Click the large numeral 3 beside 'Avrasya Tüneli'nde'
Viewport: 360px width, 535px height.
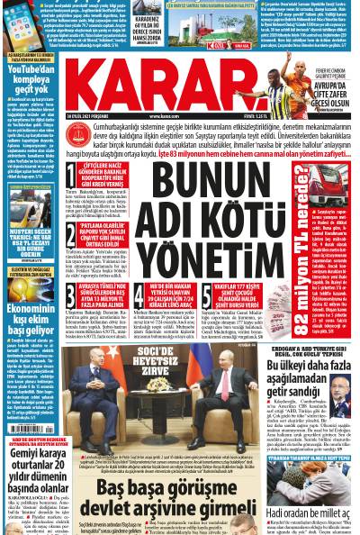coord(71,291)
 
